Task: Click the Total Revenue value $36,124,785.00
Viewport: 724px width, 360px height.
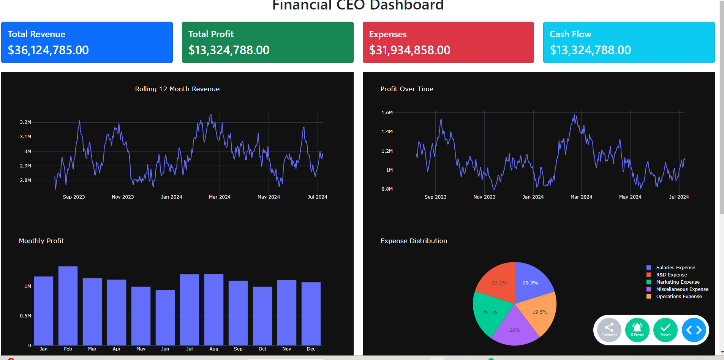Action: (48, 50)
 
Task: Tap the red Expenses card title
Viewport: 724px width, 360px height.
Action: (388, 34)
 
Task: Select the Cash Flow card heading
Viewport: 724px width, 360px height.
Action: (571, 34)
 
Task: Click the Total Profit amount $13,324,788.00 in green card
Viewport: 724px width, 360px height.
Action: (229, 50)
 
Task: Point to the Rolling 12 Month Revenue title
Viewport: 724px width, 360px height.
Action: (177, 89)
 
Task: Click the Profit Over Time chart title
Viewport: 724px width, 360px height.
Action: (407, 89)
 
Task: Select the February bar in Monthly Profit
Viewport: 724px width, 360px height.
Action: (68, 306)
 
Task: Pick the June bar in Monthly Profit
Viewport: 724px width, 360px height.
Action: (165, 317)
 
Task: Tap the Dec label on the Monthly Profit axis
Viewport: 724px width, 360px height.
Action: (311, 349)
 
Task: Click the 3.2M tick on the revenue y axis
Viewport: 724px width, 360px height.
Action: (25, 122)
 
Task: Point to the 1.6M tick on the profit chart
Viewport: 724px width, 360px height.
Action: (387, 113)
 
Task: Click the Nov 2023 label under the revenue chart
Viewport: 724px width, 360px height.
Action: (123, 197)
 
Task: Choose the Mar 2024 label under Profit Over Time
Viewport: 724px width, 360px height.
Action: (581, 197)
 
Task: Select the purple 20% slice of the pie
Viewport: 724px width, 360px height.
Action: (515, 328)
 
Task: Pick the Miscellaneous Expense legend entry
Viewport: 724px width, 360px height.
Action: (677, 289)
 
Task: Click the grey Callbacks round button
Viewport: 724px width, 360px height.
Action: (609, 330)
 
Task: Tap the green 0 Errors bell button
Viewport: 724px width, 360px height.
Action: (637, 330)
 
